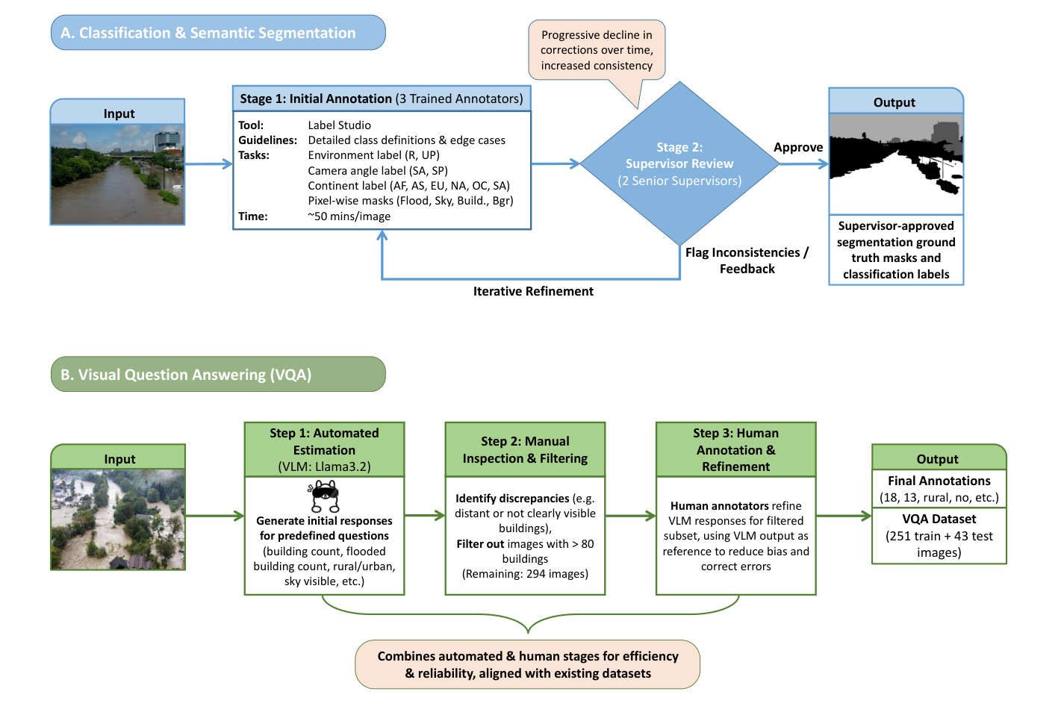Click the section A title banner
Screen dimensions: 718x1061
click(x=217, y=33)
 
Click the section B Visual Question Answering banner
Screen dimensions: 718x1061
click(x=217, y=374)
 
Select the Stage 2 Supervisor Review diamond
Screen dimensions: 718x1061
click(x=679, y=163)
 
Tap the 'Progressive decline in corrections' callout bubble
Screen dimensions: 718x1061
click(x=597, y=50)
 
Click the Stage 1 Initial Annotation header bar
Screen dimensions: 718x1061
click(x=382, y=99)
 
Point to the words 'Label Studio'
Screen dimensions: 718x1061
click(x=339, y=125)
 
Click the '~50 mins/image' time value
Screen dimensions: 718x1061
click(x=349, y=216)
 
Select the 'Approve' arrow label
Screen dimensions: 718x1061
click(x=797, y=148)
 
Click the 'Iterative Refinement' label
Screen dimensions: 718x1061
click(x=533, y=292)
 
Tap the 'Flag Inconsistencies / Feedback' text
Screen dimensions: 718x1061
click(x=747, y=260)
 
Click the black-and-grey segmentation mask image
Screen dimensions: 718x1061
click(x=896, y=163)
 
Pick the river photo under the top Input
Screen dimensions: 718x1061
click(x=117, y=174)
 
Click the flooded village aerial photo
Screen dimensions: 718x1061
click(x=118, y=519)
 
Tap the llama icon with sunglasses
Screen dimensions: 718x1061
click(x=324, y=496)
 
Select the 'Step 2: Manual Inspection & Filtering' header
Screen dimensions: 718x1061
click(x=525, y=450)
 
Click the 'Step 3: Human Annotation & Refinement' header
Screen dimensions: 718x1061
click(x=735, y=450)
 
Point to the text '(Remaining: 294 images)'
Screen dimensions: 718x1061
click(x=525, y=574)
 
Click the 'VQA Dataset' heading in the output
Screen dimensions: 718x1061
click(x=939, y=519)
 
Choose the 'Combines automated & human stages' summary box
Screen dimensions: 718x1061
click(x=527, y=664)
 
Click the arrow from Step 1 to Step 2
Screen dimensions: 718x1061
click(x=424, y=515)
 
